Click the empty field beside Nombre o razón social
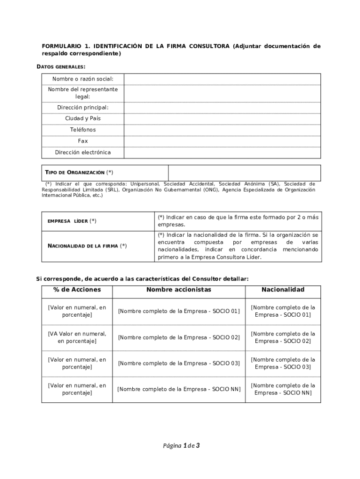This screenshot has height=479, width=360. tap(222, 79)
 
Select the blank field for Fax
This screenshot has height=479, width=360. tap(222, 141)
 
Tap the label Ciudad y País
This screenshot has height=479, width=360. tap(83, 118)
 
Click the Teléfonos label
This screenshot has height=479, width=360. tap(83, 130)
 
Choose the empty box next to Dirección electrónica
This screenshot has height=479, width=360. tap(222, 152)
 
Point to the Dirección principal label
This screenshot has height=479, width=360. tap(83, 108)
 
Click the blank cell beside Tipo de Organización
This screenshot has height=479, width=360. tap(244, 173)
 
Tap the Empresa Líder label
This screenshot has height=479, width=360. tap(72, 221)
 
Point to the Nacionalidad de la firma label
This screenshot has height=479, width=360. tap(87, 246)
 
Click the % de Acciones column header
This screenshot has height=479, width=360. tap(77, 290)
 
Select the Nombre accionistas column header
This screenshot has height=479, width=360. tap(179, 290)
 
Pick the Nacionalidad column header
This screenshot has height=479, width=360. tap(283, 290)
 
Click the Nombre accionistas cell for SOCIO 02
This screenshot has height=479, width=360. tap(179, 337)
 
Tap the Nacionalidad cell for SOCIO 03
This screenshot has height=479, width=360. tap(283, 363)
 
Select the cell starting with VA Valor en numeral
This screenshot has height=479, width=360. tap(77, 337)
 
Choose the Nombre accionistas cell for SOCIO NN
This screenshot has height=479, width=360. tap(179, 389)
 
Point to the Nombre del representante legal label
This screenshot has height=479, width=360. tap(83, 93)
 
